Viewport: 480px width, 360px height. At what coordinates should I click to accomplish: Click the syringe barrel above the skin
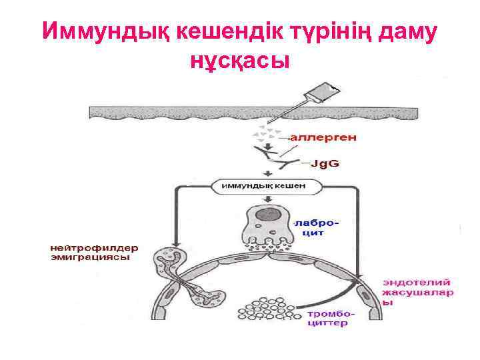pyautogui.click(x=331, y=91)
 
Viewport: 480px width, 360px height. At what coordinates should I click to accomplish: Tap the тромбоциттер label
pyautogui.click(x=331, y=318)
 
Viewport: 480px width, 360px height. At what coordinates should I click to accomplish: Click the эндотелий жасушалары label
pyautogui.click(x=417, y=291)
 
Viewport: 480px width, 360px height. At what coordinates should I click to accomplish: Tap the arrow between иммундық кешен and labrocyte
pyautogui.click(x=267, y=199)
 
